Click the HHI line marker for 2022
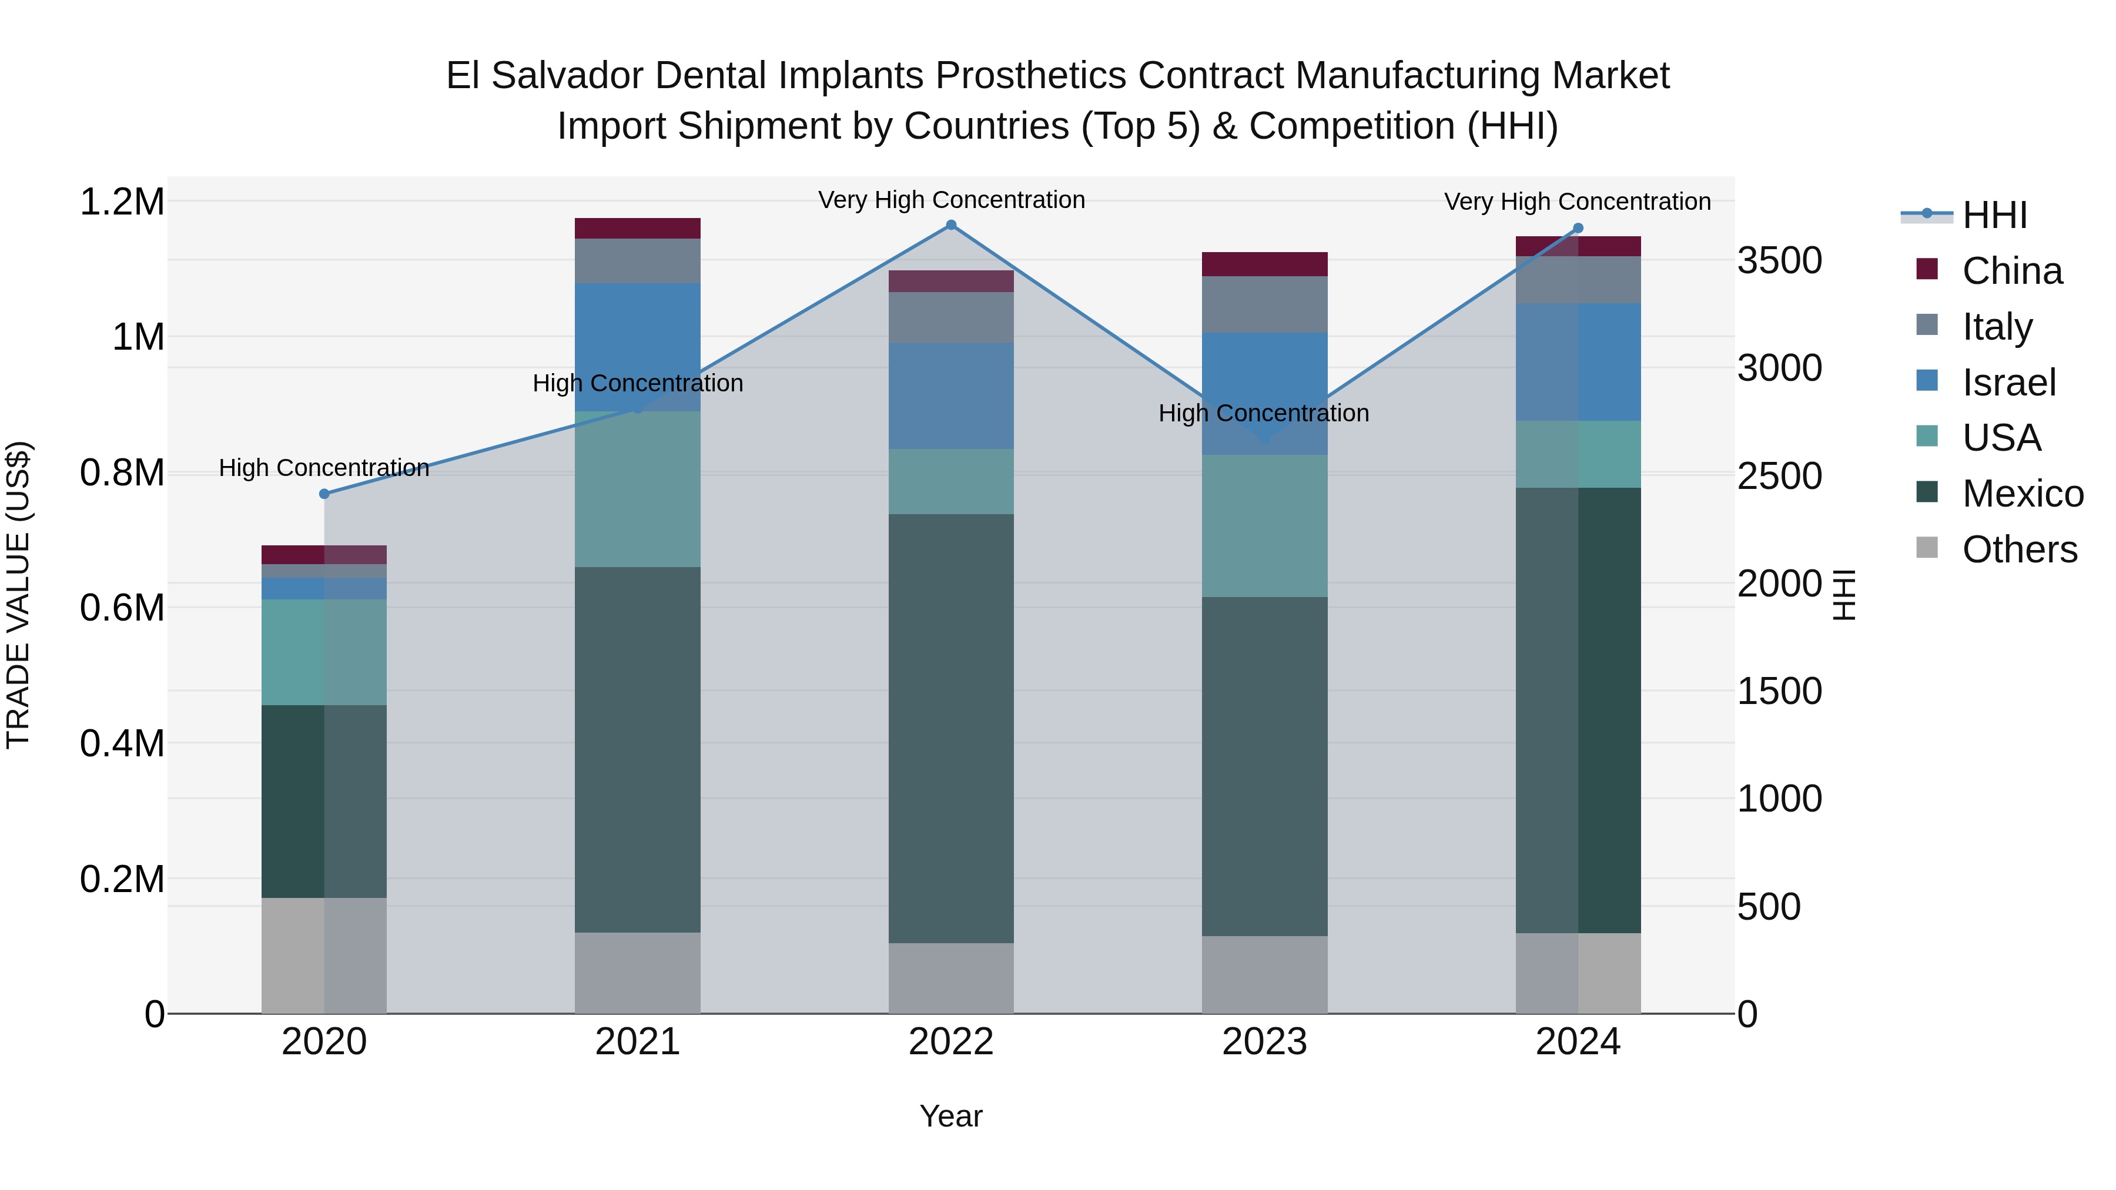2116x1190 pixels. click(x=951, y=225)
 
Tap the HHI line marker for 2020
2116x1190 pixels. click(x=324, y=494)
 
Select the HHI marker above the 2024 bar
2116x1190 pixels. click(x=1578, y=229)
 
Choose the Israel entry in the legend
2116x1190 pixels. click(x=2008, y=383)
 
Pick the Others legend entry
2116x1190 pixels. click(x=2019, y=549)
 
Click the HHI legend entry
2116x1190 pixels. click(x=1994, y=215)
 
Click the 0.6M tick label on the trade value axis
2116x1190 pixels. click(x=122, y=609)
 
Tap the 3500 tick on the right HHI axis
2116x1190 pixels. click(x=1779, y=261)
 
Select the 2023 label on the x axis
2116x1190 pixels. click(x=1264, y=1042)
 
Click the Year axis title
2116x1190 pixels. click(x=950, y=1116)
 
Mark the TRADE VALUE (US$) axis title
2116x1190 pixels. click(x=18, y=595)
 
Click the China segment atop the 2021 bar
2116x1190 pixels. click(x=637, y=229)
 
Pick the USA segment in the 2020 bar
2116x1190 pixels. click(x=324, y=652)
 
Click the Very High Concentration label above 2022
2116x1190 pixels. click(x=951, y=200)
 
